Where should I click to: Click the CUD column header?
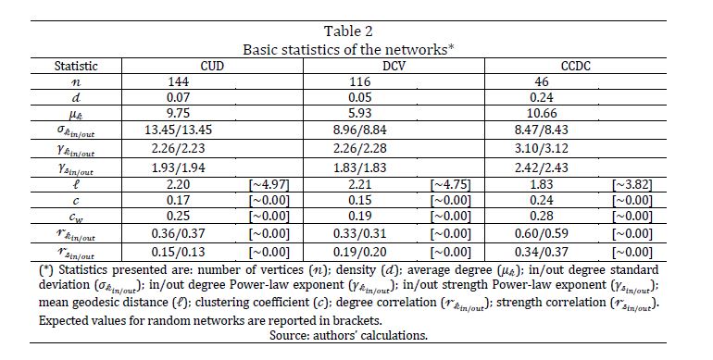(212, 66)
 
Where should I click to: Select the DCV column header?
(394, 66)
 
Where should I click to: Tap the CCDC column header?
(575, 66)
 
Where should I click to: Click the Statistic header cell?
(76, 66)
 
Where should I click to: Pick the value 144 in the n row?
(178, 81)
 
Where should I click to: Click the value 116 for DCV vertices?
(360, 81)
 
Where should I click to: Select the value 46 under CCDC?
(542, 81)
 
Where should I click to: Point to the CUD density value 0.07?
(178, 97)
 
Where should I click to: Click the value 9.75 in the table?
(178, 113)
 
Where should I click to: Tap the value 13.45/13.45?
(178, 130)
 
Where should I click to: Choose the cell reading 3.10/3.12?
(541, 149)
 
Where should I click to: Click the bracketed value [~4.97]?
(269, 185)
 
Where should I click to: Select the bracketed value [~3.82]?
(632, 185)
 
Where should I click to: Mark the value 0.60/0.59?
(541, 233)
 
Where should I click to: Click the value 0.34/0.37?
(541, 252)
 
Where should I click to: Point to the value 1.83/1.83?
(359, 168)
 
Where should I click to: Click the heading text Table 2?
(348, 31)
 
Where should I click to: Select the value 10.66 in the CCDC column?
(541, 113)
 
